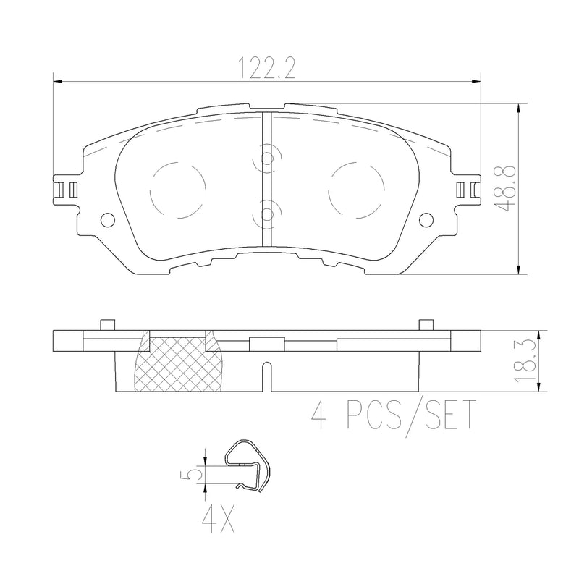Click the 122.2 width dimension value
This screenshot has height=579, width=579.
coord(269,69)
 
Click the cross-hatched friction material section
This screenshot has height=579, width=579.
coord(178,365)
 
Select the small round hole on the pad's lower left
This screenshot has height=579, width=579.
coord(106,220)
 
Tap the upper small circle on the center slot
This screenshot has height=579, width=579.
coord(266,160)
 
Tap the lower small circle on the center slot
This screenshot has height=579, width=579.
coord(266,213)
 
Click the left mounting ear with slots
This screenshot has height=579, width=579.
coord(67,189)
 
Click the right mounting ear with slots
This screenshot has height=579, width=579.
coord(467,189)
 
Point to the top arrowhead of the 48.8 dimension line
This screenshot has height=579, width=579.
coord(519,108)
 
